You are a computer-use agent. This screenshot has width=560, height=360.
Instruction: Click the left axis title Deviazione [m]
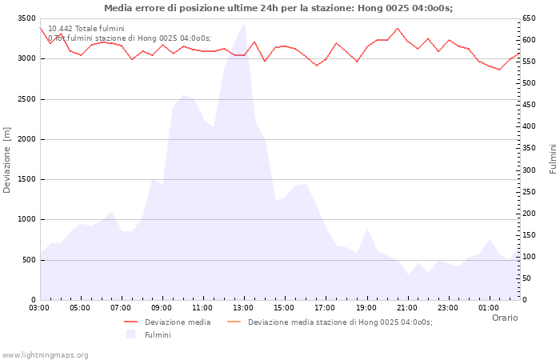tap(7, 159)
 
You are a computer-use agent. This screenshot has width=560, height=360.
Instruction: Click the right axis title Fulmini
tap(552, 159)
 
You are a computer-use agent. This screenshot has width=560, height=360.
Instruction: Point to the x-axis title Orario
tap(504, 318)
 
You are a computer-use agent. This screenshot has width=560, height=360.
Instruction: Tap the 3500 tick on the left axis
tap(26, 18)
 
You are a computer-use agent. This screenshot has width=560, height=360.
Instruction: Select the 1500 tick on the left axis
tap(26, 179)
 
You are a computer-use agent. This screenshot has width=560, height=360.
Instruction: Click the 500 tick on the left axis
tap(28, 260)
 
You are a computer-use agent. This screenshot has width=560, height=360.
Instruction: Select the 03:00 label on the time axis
tap(39, 307)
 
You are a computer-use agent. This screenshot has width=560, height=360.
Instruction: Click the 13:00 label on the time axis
tap(243, 307)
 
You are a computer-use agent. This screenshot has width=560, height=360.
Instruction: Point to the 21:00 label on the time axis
tap(406, 307)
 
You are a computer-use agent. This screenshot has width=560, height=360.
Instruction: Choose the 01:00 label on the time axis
tap(488, 307)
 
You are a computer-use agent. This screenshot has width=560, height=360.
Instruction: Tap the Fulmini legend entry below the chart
tap(157, 335)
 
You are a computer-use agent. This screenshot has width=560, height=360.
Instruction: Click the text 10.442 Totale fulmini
tap(86, 29)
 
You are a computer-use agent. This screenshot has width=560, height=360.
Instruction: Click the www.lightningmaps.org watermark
tap(46, 354)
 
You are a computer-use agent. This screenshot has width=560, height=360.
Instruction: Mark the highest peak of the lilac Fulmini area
tap(244, 23)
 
